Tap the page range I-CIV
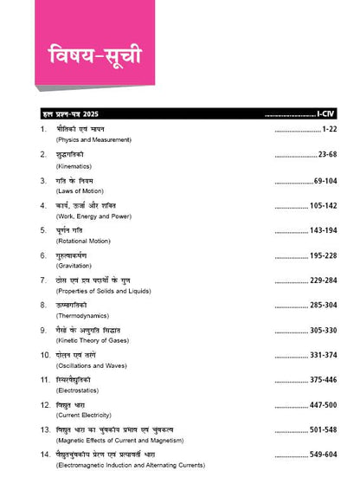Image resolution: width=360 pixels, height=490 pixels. (325, 113)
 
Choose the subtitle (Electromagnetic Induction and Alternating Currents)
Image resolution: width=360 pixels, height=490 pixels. (130, 465)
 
